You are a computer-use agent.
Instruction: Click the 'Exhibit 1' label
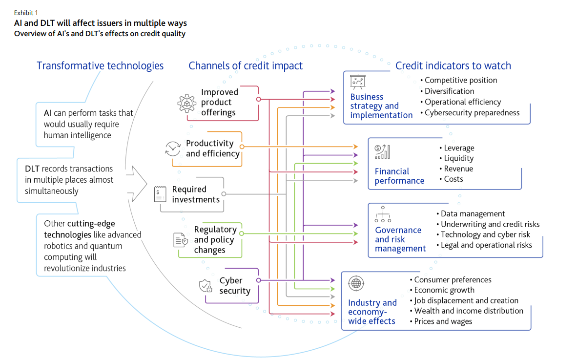click(25, 13)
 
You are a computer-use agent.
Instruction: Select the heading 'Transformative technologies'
click(100, 66)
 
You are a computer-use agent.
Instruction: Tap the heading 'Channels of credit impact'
click(246, 66)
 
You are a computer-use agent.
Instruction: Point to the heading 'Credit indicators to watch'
click(453, 66)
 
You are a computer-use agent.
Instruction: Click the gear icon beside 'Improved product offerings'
click(186, 103)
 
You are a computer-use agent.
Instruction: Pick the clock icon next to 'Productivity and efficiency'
click(173, 148)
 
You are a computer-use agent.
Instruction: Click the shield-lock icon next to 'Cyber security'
click(206, 286)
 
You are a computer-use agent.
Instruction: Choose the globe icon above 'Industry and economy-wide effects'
click(356, 283)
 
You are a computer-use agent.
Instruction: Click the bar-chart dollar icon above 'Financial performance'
click(382, 152)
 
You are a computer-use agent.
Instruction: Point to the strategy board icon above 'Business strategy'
click(358, 81)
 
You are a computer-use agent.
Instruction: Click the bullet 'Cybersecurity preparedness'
click(472, 113)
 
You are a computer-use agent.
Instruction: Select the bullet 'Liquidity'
click(458, 158)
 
